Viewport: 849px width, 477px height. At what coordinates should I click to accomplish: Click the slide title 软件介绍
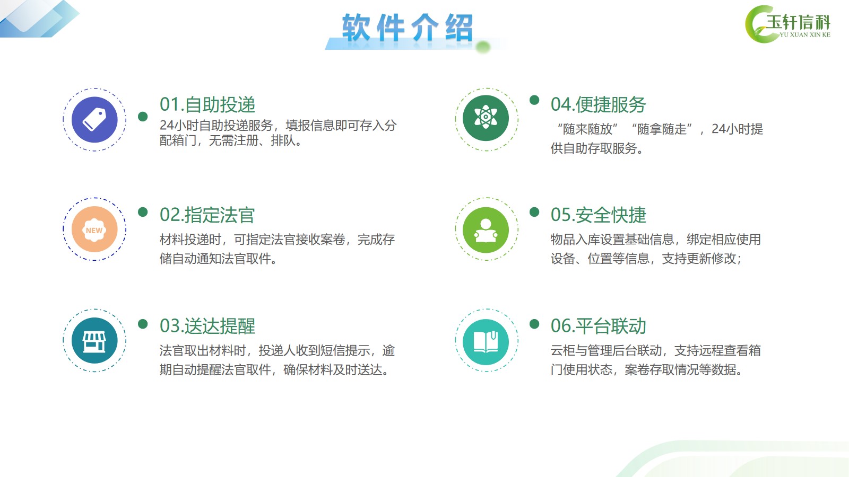point(408,27)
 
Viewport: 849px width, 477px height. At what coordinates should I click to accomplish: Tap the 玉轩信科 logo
point(787,24)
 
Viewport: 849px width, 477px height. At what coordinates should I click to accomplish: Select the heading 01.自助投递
point(207,104)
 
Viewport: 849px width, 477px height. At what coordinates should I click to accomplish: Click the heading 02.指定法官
point(207,215)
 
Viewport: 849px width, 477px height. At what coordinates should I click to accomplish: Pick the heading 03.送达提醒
point(207,326)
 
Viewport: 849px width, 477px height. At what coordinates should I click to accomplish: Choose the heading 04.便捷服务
point(598,104)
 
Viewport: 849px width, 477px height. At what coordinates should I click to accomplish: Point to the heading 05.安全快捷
point(598,215)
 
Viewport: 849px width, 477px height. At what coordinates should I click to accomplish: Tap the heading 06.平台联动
point(598,326)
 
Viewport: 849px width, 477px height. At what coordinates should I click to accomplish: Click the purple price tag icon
point(94,120)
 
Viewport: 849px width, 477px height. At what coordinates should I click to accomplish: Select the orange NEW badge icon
point(94,229)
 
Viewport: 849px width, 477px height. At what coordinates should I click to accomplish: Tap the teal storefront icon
point(94,341)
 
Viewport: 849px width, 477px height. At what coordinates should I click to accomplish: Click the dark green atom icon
point(486,118)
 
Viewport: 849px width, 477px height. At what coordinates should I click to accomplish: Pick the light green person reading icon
point(486,230)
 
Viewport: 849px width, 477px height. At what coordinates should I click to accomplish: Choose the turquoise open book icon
point(486,342)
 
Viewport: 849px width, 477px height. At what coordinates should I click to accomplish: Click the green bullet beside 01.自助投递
point(143,117)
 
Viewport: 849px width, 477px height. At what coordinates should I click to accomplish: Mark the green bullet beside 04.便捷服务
point(534,100)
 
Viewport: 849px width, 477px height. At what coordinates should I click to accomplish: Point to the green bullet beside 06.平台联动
point(534,324)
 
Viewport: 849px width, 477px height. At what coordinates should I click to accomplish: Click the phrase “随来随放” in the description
point(588,129)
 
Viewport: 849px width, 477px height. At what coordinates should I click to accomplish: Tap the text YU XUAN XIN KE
point(805,35)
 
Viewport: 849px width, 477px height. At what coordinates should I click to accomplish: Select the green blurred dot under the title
point(483,47)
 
